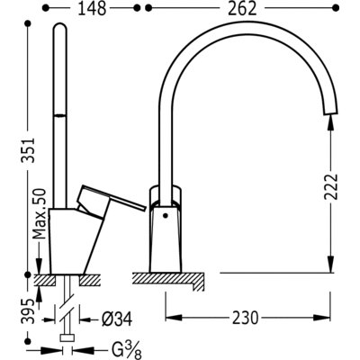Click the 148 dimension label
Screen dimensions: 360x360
pos(92,8)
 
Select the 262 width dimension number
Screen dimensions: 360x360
pos(242,8)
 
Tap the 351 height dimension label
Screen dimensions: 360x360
pos(28,150)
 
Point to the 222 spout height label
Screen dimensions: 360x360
pos(331,186)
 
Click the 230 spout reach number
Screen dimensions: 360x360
pos(245,318)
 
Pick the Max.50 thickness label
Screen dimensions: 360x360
pos(40,213)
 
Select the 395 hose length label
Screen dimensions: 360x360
pos(28,311)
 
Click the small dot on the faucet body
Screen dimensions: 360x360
pos(165,215)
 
